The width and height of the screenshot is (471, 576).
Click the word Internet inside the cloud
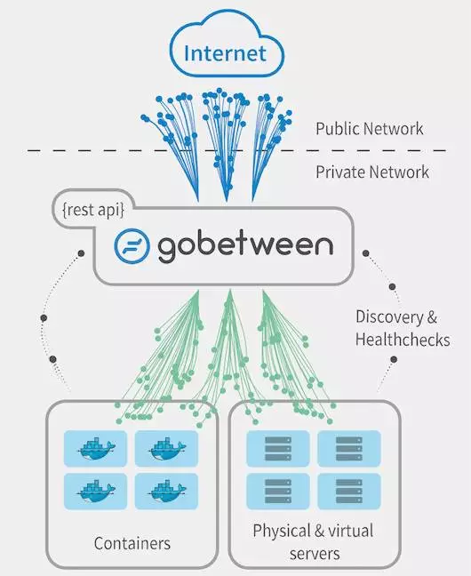225,53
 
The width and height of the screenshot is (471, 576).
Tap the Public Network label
369,129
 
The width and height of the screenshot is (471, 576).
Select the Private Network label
372,172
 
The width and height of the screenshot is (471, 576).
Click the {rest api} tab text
93,210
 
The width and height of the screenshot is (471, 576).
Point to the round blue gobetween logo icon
132,245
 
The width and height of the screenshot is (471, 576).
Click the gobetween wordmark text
245,246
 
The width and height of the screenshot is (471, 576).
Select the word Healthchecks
403,340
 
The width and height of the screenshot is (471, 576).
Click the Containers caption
132,543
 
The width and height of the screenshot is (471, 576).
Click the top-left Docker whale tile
95,449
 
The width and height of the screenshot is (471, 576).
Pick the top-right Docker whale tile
166,449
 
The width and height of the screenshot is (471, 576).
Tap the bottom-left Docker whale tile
95,492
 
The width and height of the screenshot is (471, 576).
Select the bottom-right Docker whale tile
166,492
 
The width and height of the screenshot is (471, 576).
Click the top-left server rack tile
278,449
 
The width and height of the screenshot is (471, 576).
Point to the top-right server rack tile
349,449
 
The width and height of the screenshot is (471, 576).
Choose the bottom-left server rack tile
278,492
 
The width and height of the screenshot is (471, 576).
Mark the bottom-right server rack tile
349,492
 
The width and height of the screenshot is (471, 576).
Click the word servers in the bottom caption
315,554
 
